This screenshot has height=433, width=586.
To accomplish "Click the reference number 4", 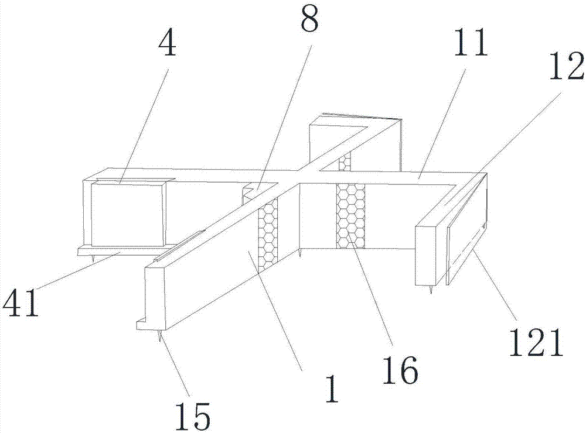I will point(168,44).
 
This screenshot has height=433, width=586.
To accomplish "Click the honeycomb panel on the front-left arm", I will point(269,234).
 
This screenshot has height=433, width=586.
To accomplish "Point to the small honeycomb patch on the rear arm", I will point(346,161).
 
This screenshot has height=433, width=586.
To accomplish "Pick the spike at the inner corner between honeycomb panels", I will point(299,253).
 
